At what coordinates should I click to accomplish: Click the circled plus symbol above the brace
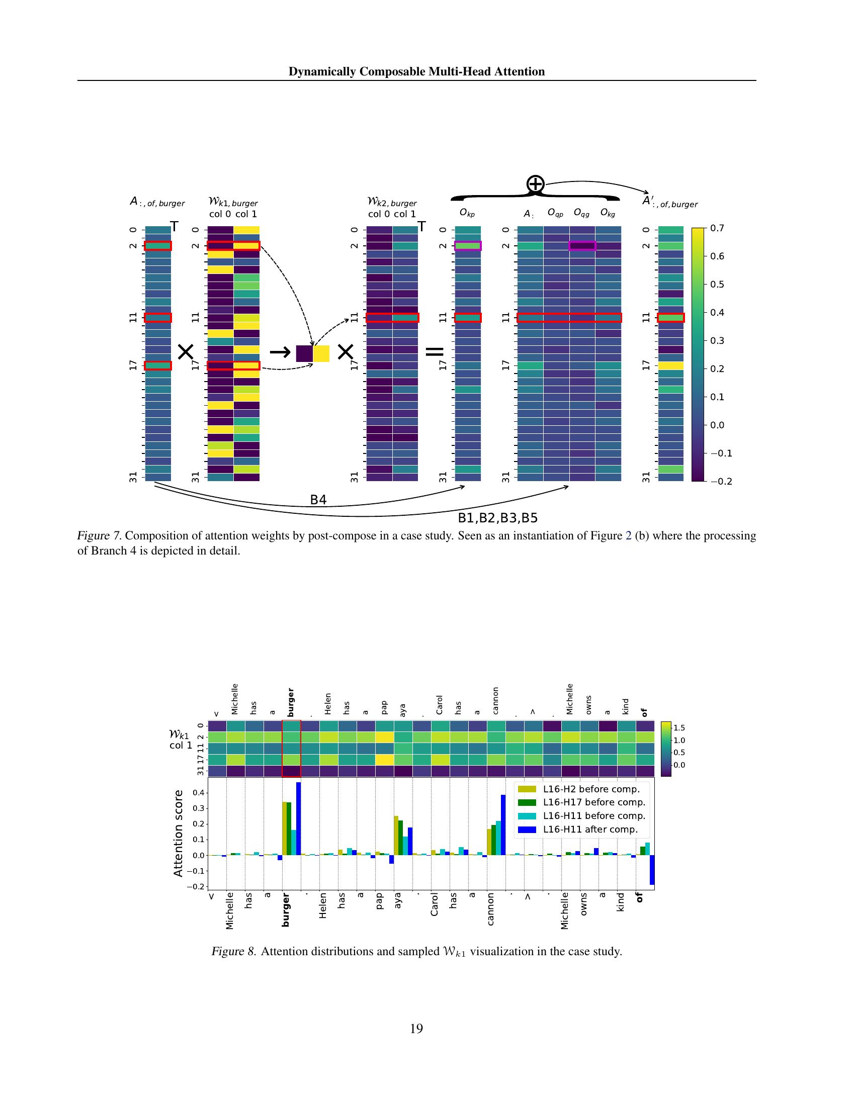pos(536,184)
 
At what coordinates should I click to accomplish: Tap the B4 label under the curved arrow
pos(318,500)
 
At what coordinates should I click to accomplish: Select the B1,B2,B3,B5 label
pos(497,518)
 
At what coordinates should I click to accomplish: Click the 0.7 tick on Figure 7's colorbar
pos(717,228)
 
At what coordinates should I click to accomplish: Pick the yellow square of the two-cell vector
pos(321,353)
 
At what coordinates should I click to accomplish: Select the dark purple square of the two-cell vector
pos(304,353)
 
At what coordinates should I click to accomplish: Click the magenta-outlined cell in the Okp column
pos(468,246)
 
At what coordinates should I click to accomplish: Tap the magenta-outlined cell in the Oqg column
pos(582,246)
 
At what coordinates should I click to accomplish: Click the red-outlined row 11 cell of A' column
pos(670,318)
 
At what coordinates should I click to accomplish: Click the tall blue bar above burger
pos(298,818)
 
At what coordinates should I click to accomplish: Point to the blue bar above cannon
pos(503,824)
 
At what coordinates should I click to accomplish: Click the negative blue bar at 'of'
pos(652,870)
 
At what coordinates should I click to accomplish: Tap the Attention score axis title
pos(179,833)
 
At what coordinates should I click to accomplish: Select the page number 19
pos(416,1029)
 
